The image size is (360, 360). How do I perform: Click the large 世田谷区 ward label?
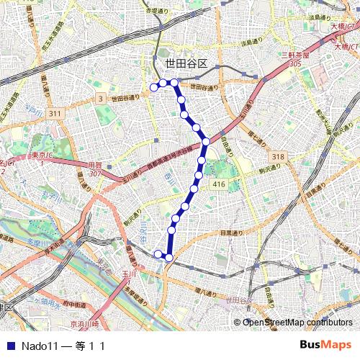(186, 63)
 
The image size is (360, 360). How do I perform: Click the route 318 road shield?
(279, 156)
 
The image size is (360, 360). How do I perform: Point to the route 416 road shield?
(219, 184)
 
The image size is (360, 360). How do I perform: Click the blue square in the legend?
(9, 346)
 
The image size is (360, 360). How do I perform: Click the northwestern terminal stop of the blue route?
(153, 88)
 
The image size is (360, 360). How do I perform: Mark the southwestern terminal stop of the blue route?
(158, 253)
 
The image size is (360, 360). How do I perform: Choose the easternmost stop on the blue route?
(206, 141)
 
